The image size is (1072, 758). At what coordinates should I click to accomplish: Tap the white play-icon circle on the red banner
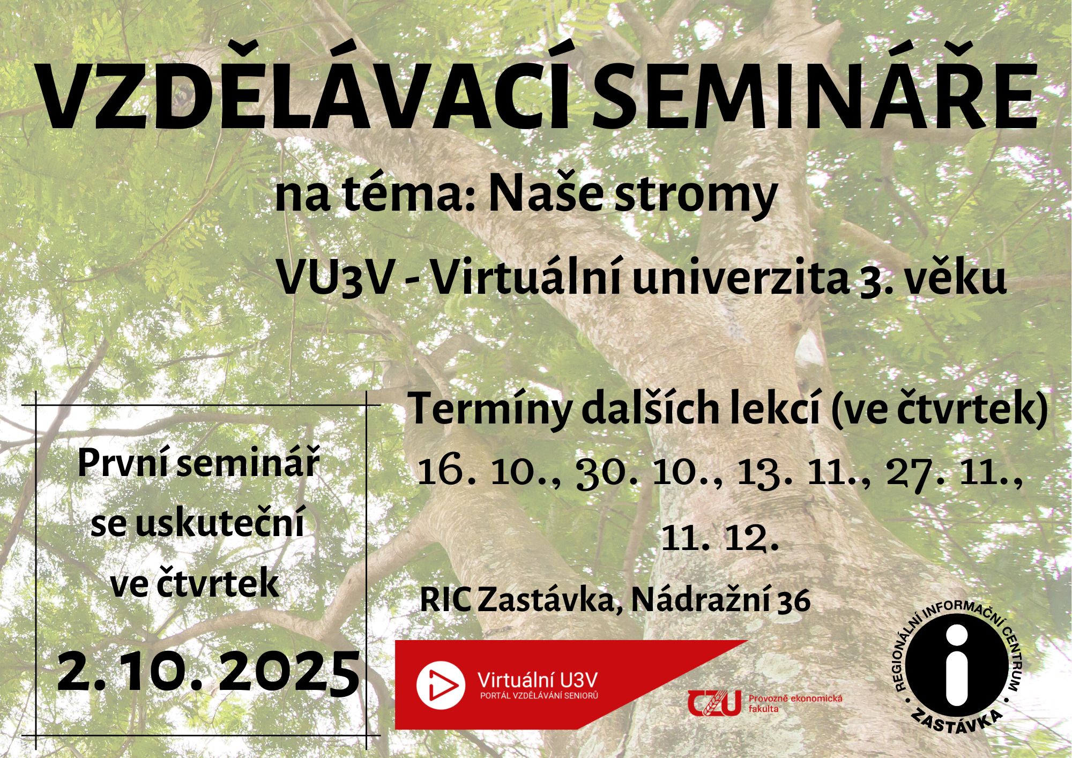tap(440, 685)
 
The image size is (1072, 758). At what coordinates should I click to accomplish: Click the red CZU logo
tap(715, 703)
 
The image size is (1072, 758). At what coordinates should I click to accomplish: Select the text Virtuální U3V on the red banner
tap(537, 680)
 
